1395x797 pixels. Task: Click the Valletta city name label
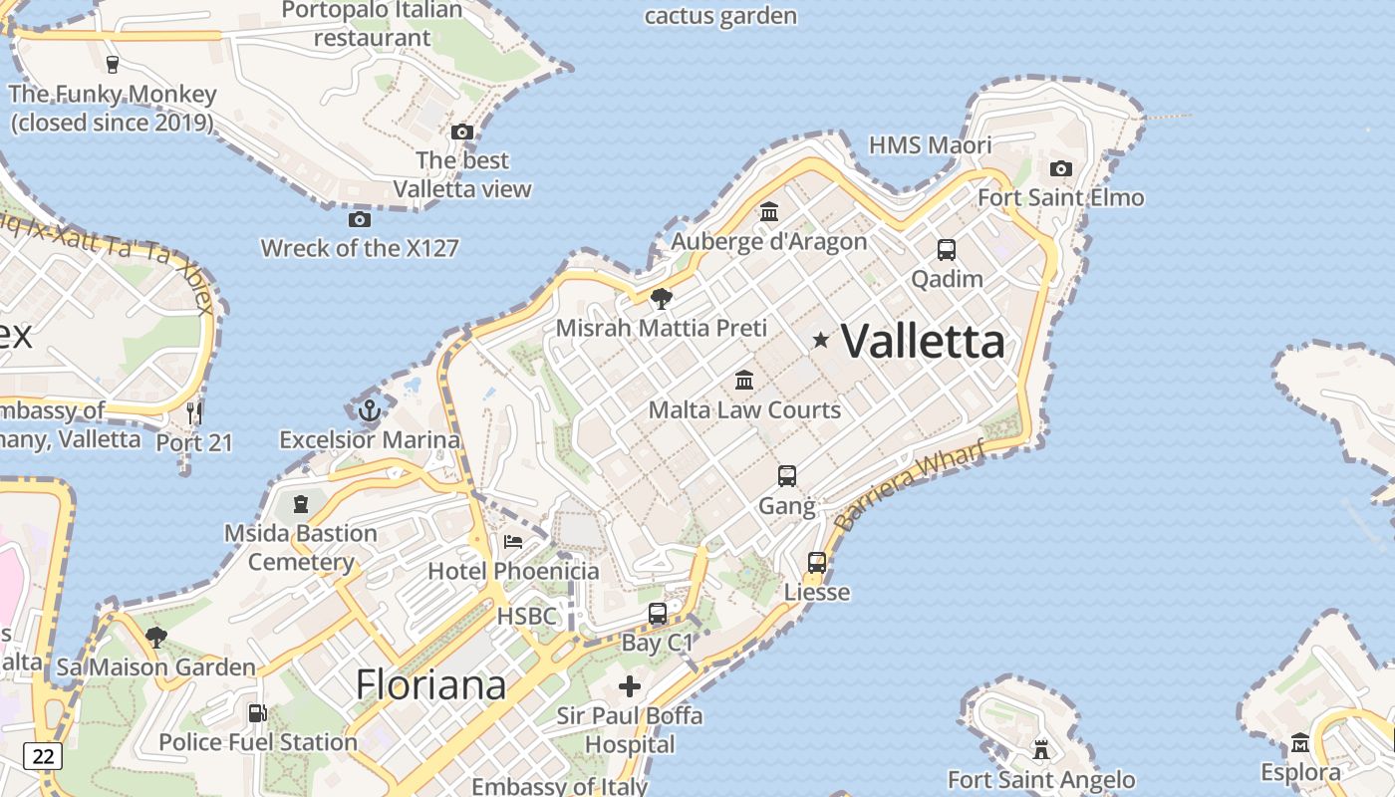tap(924, 342)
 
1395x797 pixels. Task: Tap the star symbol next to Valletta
tap(821, 341)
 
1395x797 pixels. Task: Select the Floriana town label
tap(430, 684)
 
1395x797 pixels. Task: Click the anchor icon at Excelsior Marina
tap(370, 409)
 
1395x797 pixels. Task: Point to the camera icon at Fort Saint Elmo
tap(1061, 168)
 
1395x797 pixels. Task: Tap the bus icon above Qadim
tap(947, 250)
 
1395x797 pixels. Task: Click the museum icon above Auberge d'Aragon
tap(769, 212)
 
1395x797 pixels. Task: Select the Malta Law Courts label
tap(744, 409)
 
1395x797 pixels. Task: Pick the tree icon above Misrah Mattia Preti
tap(661, 298)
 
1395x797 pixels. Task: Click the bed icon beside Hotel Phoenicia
tap(513, 542)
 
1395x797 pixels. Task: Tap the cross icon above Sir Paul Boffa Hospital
tap(630, 686)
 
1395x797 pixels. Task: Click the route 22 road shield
tap(44, 756)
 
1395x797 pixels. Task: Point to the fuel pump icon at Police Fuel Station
tap(257, 713)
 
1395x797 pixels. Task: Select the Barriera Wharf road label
tap(909, 485)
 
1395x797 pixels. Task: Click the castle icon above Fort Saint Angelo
tap(1041, 749)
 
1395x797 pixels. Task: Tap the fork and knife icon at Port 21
tap(194, 412)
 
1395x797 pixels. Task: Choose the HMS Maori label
tap(930, 145)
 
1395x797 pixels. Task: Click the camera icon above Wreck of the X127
tap(360, 219)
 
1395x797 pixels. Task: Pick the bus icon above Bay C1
tap(658, 614)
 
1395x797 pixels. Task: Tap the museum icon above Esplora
tap(1300, 743)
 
